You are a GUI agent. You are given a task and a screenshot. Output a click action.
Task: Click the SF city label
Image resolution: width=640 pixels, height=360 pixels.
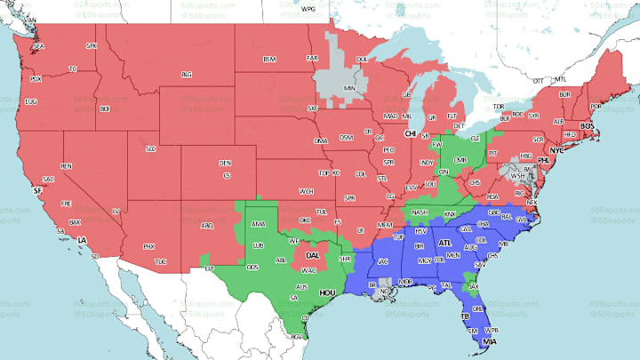(36, 191)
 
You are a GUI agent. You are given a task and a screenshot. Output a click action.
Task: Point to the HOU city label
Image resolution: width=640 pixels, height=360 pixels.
(328, 291)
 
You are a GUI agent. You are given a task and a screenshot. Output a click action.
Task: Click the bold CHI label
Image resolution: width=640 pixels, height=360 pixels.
(410, 133)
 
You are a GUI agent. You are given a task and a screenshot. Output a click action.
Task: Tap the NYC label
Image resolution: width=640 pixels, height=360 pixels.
(557, 150)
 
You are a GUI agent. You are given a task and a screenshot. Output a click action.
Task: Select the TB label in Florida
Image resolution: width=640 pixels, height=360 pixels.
(463, 316)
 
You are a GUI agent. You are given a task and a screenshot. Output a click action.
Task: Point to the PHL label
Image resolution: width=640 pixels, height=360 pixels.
(541, 162)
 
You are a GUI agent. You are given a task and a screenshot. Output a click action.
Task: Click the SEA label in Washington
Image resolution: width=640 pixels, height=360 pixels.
(38, 45)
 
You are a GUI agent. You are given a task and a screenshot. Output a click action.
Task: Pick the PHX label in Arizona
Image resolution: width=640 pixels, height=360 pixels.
(148, 246)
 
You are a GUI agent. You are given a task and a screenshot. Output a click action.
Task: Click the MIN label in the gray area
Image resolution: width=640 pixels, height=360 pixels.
(349, 89)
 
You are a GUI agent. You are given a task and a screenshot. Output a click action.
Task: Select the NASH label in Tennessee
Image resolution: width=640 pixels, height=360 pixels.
(420, 212)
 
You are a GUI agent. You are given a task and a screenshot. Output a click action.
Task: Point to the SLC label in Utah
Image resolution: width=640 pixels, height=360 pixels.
(150, 148)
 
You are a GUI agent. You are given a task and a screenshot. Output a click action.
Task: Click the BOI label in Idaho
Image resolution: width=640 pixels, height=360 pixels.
(105, 108)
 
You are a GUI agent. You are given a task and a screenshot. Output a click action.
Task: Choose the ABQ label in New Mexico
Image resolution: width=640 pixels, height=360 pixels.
(207, 225)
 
